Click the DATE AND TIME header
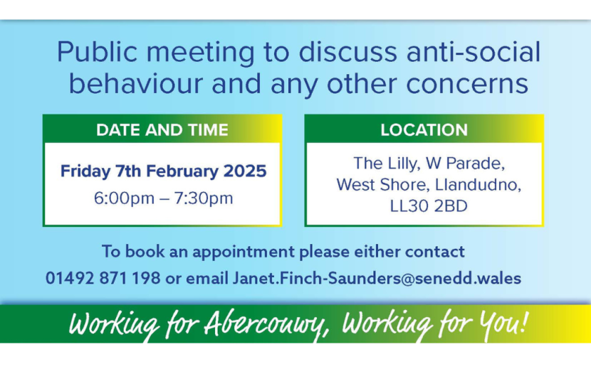coord(162,130)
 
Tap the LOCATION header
coord(424,130)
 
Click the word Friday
coord(85,171)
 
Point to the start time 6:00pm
coord(124,198)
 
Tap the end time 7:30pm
coord(204,198)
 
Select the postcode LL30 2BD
coord(429,206)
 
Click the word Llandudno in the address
coord(478,185)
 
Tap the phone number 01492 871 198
coord(103,278)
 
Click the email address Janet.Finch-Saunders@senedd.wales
coord(377,278)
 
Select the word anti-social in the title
coord(474,52)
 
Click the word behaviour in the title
coord(136,83)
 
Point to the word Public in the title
coord(97,52)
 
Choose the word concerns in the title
coord(467,85)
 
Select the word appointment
coord(244,252)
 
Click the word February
coord(183,171)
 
